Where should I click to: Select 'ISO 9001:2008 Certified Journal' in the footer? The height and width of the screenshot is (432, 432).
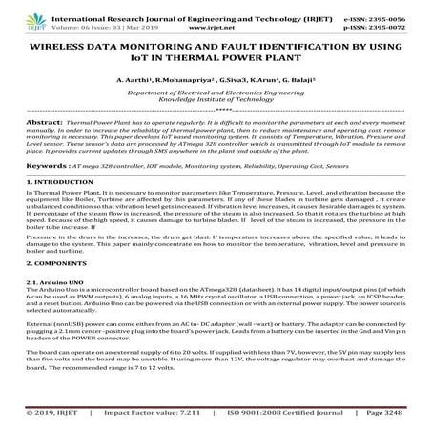pos(276,416)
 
